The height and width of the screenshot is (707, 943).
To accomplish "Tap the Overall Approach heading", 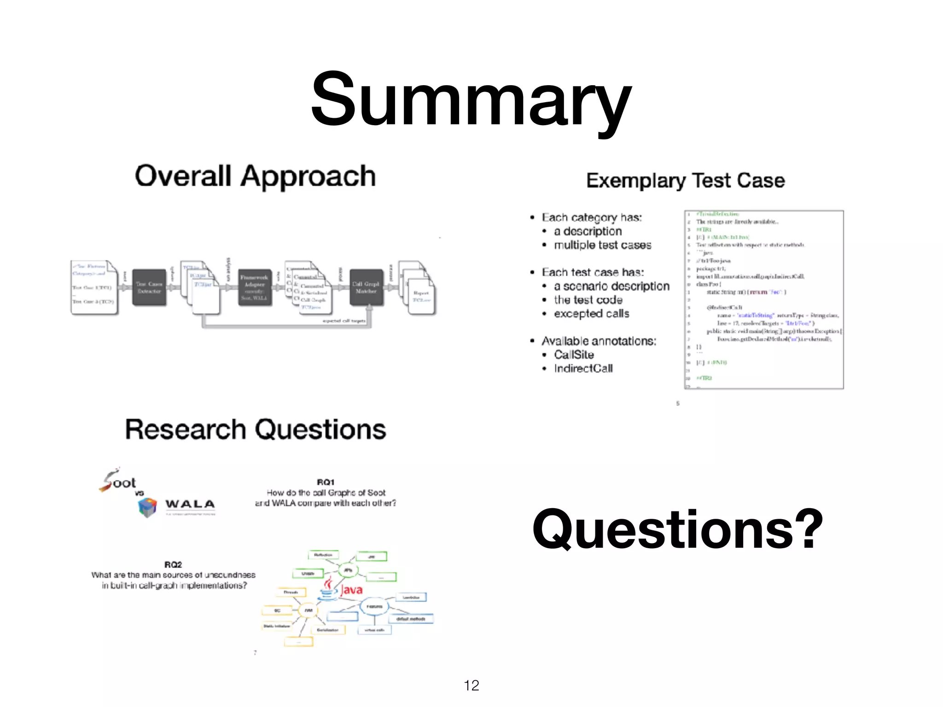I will click(x=255, y=176).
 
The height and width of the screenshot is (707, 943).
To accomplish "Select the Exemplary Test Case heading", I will click(x=685, y=180).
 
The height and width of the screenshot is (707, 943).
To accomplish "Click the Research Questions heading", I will click(x=256, y=429).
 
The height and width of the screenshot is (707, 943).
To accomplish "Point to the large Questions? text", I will click(x=677, y=529).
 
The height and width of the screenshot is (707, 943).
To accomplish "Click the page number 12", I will click(x=471, y=685).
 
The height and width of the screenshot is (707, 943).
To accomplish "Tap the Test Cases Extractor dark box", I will click(x=149, y=288).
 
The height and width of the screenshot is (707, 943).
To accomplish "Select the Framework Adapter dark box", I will click(x=254, y=288).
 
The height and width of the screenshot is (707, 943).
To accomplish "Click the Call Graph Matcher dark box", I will click(x=366, y=288).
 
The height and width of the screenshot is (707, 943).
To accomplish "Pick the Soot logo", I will click(x=117, y=480).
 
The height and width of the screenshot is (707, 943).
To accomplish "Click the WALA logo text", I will click(x=190, y=504).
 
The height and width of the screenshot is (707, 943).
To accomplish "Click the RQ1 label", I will click(x=326, y=482).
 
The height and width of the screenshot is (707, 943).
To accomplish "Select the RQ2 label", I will click(x=173, y=564).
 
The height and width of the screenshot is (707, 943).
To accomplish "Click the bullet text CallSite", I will click(x=574, y=354).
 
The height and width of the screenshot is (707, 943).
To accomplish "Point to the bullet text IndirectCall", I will click(x=583, y=368).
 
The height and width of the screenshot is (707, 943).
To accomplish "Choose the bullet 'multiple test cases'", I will click(x=602, y=245).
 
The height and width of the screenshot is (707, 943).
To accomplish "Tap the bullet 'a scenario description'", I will click(x=611, y=286).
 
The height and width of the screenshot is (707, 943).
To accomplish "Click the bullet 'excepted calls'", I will click(x=591, y=313).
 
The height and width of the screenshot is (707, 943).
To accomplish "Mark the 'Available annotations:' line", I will click(x=599, y=341).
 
